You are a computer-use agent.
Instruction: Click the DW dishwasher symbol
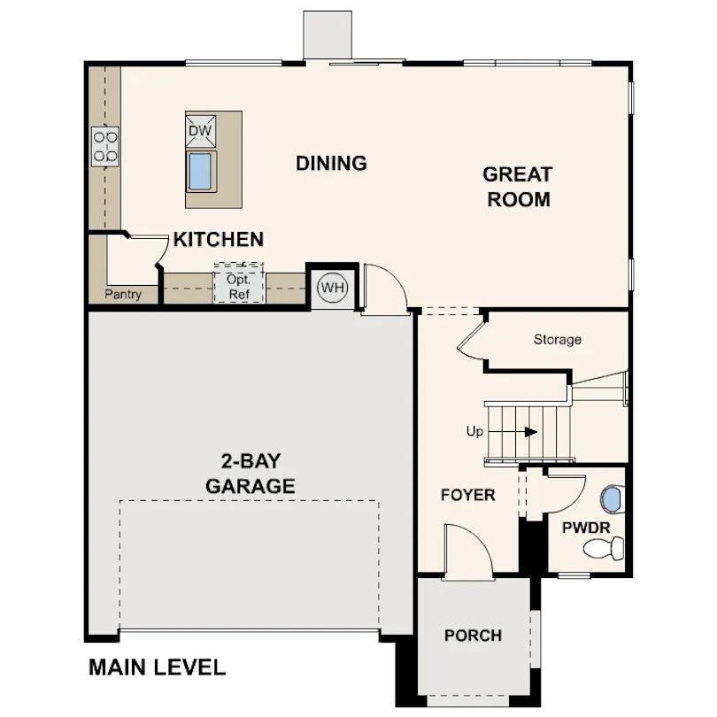pos(200,131)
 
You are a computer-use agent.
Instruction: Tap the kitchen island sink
pos(200,171)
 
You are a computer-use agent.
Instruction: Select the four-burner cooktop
pos(104,146)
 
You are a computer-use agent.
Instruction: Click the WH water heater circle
pos(333,288)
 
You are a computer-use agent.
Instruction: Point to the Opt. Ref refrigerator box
pos(238,285)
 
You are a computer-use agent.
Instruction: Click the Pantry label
pos(123,294)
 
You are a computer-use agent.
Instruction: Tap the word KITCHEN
pos(218,239)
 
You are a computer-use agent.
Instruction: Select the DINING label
pos(331,163)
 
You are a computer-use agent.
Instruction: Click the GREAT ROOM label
pos(518,187)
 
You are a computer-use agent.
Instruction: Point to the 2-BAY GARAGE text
pos(250,474)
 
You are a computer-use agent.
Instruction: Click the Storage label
pos(557,339)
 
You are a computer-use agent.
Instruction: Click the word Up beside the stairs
pos(474,432)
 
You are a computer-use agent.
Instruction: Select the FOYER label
pos(467,495)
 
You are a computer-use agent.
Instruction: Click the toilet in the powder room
pos(604,549)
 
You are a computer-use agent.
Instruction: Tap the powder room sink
pos(611,499)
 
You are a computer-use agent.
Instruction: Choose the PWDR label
pos(586,528)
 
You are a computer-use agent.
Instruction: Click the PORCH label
pos(473,635)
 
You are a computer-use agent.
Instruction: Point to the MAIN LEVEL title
pos(157,667)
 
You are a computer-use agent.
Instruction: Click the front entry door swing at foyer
pos(466,553)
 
